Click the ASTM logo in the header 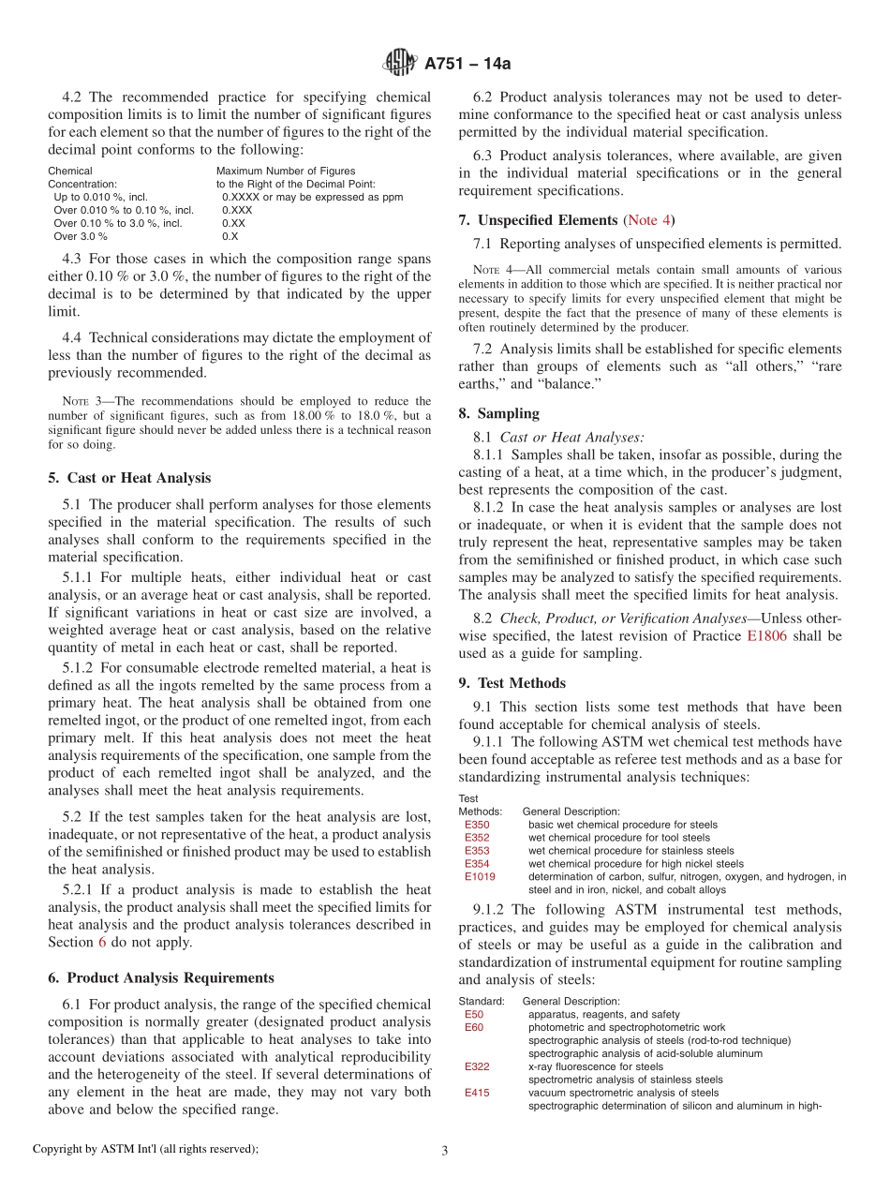(x=401, y=63)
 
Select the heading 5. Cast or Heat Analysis (x=129, y=478)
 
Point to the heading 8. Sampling (x=498, y=413)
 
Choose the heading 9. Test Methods (x=512, y=683)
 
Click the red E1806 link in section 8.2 (x=768, y=635)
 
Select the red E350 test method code (x=477, y=825)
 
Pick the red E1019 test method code (x=480, y=877)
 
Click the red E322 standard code (x=477, y=1066)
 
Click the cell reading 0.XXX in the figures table (x=237, y=210)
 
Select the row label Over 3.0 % (x=80, y=236)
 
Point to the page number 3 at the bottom (x=444, y=1151)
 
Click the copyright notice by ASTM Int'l (x=145, y=1149)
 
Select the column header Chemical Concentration (x=82, y=178)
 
